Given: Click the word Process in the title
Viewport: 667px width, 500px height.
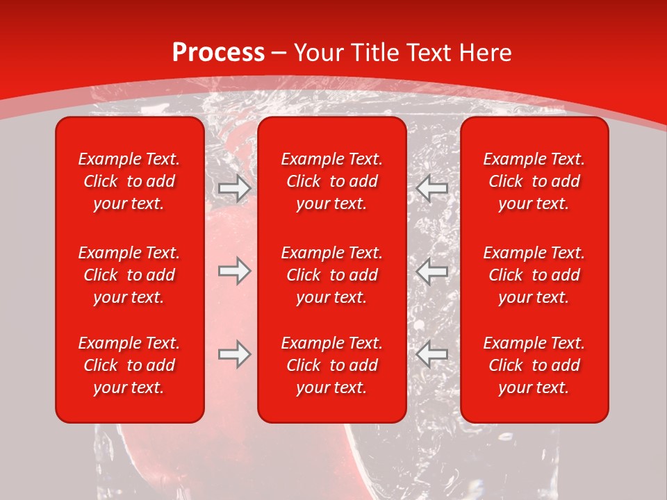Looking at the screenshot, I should pyautogui.click(x=218, y=53).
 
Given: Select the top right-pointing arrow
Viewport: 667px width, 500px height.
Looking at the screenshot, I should pyautogui.click(x=234, y=188).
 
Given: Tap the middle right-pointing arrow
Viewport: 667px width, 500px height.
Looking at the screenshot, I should pyautogui.click(x=234, y=272).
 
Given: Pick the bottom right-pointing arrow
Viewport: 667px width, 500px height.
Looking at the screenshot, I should pyautogui.click(x=234, y=355).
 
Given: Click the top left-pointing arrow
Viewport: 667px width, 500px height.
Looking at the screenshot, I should pyautogui.click(x=432, y=188).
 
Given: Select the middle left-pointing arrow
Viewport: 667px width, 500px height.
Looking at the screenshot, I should pyautogui.click(x=432, y=272).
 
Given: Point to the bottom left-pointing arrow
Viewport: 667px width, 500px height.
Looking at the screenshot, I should pyautogui.click(x=432, y=355).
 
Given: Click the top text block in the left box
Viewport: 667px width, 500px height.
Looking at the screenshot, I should pyautogui.click(x=129, y=181).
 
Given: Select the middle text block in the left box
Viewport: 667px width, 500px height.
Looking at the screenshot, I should pyautogui.click(x=129, y=275).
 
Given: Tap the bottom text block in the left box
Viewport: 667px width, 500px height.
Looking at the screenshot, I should pyautogui.click(x=129, y=365).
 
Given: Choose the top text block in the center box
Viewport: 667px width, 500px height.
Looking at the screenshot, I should pyautogui.click(x=331, y=181).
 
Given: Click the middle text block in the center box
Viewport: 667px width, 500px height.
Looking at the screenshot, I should pyautogui.click(x=331, y=275).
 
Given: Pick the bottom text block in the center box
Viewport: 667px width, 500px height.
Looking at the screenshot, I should pyautogui.click(x=331, y=365).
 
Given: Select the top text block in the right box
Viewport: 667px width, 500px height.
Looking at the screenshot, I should pyautogui.click(x=534, y=181).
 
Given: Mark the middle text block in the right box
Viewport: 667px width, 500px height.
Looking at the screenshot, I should pyautogui.click(x=534, y=275).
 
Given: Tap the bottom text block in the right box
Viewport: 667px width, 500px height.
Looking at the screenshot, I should pyautogui.click(x=534, y=365).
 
